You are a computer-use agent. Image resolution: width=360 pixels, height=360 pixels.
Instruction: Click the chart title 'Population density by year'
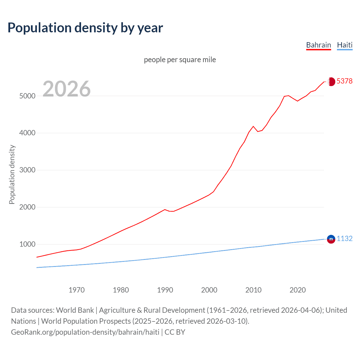pos(85,28)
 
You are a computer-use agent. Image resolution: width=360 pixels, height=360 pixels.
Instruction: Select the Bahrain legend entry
pos(318,45)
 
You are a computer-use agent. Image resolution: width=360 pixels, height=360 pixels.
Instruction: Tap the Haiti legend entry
pos(345,45)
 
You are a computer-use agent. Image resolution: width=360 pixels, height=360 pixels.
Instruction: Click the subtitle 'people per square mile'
pos(180,60)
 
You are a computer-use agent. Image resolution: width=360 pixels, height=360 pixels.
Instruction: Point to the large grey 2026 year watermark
pos(67,89)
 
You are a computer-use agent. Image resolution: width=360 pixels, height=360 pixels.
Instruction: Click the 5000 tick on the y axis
pos(27,96)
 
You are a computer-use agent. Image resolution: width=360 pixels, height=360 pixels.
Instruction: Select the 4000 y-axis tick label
pos(27,133)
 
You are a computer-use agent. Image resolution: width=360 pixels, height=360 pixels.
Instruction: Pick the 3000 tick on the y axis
pos(27,170)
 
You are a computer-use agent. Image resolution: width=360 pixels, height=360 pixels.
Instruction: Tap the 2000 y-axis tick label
pos(27,207)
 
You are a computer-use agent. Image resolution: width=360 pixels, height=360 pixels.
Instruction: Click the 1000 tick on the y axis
pos(27,244)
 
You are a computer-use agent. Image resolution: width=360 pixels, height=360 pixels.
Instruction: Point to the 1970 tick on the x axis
pos(76,290)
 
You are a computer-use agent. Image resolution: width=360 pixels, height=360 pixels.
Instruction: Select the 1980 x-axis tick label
pos(121,290)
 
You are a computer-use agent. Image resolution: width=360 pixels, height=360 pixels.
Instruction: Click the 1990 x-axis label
pos(165,290)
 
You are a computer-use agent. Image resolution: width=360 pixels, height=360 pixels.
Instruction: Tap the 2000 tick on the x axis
pos(209,290)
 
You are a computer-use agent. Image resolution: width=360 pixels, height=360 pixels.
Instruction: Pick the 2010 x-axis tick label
pos(253,290)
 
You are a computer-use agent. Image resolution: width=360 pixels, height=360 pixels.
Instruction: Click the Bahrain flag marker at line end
pos(331,82)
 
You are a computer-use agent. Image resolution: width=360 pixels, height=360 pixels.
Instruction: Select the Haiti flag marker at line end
pos(331,239)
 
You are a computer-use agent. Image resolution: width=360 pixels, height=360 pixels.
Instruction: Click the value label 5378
pos(344,81)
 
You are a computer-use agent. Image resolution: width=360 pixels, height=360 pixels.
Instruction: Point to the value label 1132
pos(344,238)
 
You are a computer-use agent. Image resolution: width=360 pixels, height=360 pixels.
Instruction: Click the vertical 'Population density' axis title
pos(12,174)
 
